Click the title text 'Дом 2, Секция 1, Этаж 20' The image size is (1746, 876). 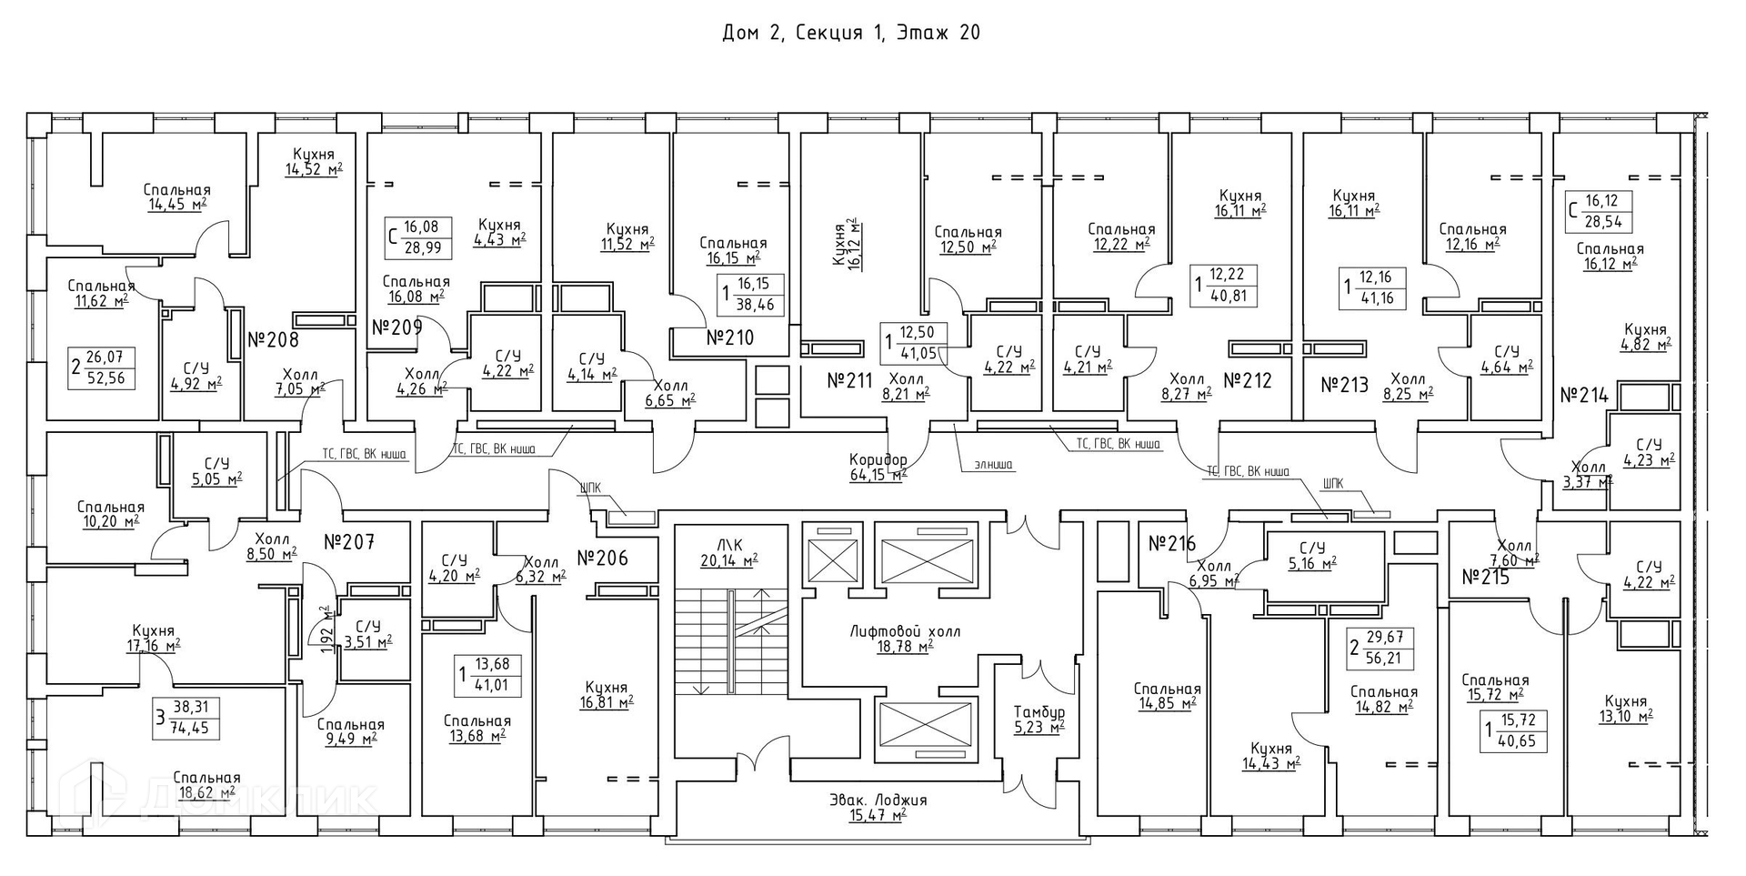[x=850, y=34]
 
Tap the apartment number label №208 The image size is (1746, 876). [x=273, y=340]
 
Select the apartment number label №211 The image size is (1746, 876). [x=849, y=380]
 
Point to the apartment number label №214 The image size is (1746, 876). [x=1584, y=396]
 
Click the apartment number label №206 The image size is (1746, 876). [x=603, y=558]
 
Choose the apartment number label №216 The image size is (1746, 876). [x=1171, y=544]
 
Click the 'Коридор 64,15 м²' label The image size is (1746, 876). [x=878, y=467]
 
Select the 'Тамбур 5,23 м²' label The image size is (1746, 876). [x=1040, y=719]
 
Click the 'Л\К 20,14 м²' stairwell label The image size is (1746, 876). [x=728, y=552]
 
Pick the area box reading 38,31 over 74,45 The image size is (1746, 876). [x=188, y=717]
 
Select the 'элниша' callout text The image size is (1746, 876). [x=992, y=465]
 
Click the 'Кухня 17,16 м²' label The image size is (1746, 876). [x=153, y=639]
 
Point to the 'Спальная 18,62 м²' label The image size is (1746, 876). [x=206, y=784]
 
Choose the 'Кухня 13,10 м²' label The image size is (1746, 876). [x=1626, y=709]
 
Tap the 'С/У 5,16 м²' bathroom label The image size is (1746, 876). [x=1312, y=556]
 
